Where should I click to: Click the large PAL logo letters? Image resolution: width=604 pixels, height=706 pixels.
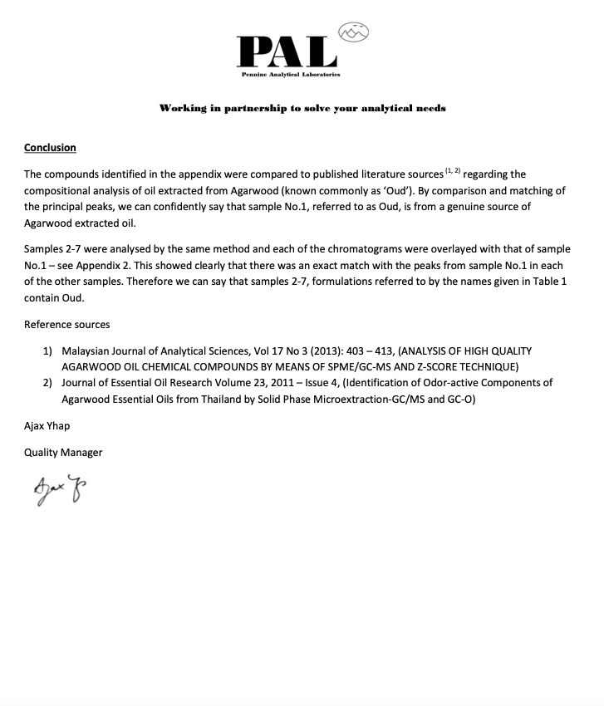click(286, 51)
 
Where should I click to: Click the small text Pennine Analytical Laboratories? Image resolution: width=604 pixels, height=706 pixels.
click(290, 74)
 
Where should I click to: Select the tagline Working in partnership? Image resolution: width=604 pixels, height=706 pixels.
click(302, 108)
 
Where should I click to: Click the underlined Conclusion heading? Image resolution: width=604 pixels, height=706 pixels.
click(50, 148)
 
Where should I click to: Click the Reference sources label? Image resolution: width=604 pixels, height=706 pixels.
click(66, 324)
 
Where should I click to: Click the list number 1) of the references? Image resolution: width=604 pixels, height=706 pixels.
click(48, 351)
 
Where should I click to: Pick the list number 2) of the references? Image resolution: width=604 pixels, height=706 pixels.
click(48, 383)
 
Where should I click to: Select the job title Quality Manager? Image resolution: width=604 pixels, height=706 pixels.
click(63, 453)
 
